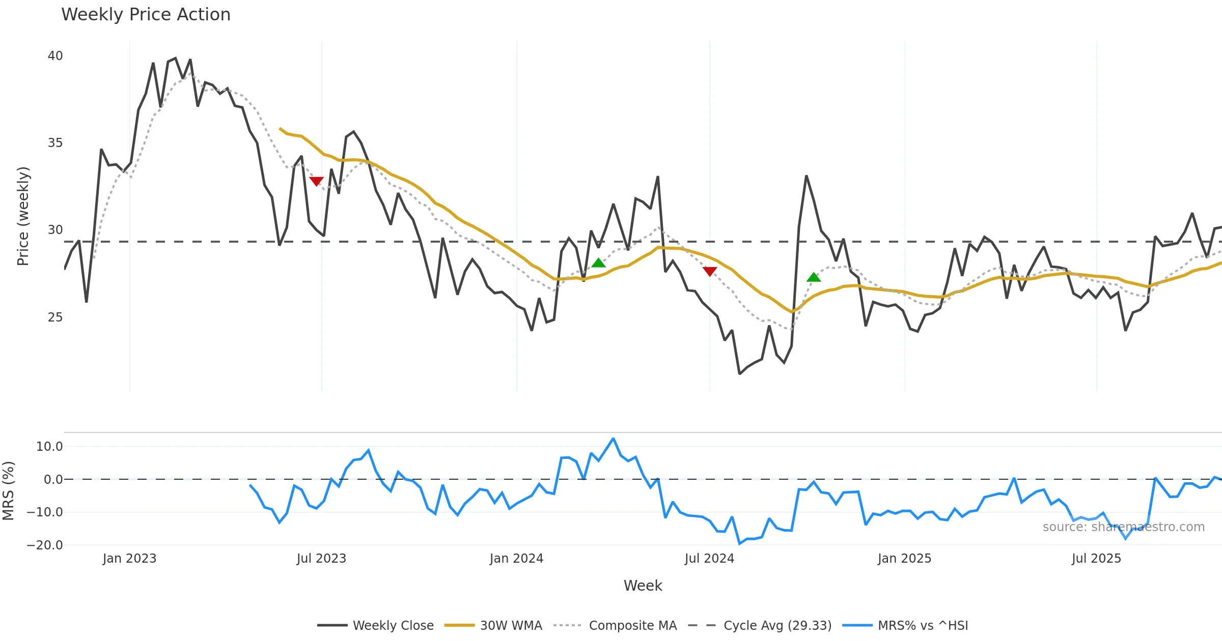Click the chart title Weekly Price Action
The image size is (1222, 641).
pos(146,15)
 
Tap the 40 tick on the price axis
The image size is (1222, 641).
pos(55,55)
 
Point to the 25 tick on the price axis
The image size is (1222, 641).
pos(55,317)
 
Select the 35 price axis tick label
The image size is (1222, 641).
pos(55,142)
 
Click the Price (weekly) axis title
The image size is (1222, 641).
pos(23,216)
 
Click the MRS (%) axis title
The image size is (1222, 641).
pos(8,490)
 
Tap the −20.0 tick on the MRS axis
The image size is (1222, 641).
pos(45,545)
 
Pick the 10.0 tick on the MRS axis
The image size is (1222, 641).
pos(49,447)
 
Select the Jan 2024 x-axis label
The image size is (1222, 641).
pos(516,559)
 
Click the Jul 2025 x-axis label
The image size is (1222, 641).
pos(1096,559)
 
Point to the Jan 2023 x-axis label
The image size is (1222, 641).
pos(129,559)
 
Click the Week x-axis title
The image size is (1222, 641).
pos(643,586)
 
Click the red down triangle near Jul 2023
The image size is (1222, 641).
pos(316,181)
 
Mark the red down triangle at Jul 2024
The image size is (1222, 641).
pos(710,271)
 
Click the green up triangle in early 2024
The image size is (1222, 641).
pos(599,263)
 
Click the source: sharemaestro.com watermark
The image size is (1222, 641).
pos(1123,527)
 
